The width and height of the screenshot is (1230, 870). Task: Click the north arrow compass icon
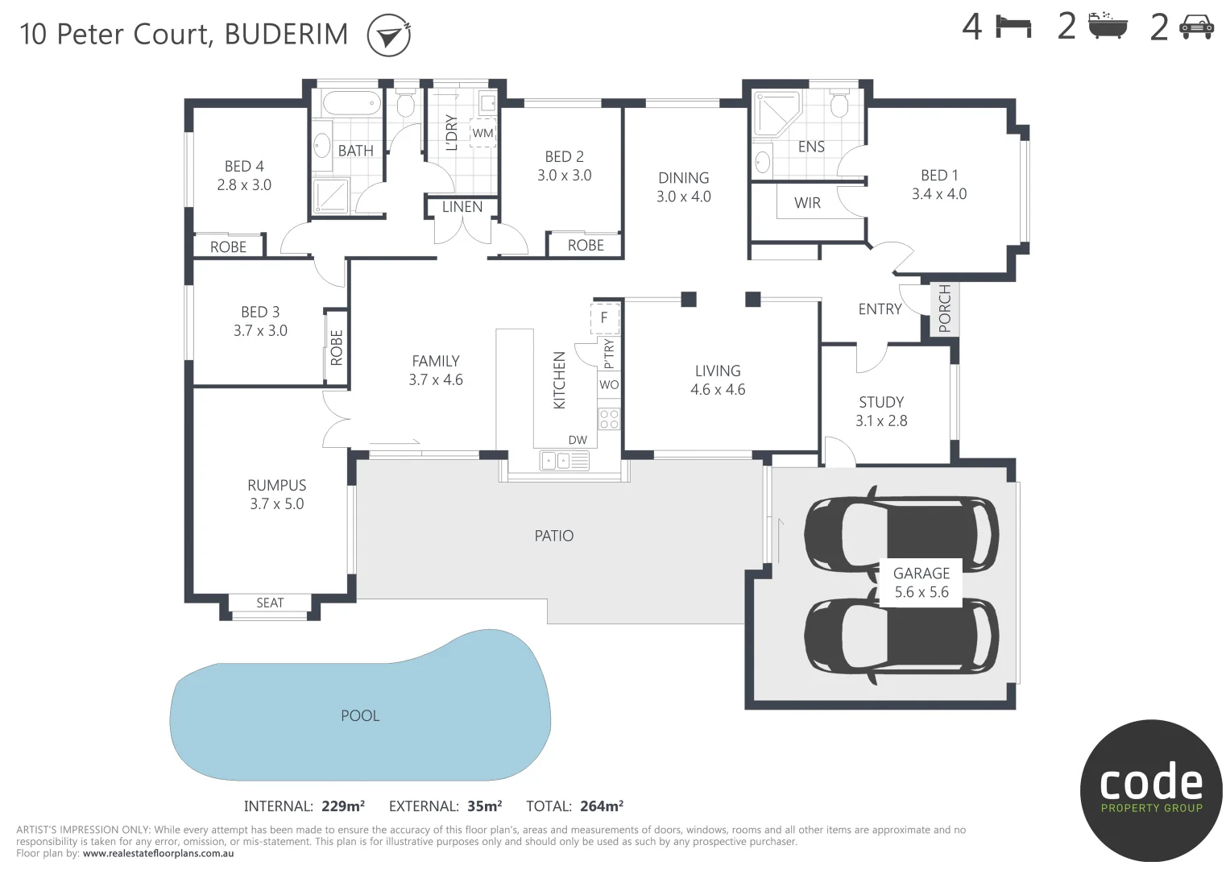point(389,36)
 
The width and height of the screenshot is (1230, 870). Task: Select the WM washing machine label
point(482,132)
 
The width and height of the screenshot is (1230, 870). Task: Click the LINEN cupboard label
point(462,207)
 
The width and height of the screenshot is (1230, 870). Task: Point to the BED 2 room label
point(564,157)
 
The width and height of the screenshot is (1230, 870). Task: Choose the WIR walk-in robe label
point(807,203)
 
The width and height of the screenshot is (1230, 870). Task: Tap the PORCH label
point(944,309)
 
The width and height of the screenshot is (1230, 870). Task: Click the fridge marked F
point(604,317)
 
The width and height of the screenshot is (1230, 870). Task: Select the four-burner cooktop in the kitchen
point(609,419)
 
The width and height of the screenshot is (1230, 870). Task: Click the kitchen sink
point(565,461)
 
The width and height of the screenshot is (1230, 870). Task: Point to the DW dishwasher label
point(578,440)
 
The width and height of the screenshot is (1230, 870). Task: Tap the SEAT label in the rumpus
point(270,603)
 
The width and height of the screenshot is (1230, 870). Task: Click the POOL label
point(360,715)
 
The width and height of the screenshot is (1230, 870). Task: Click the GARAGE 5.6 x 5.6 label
point(921,582)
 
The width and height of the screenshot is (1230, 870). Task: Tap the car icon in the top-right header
point(1196,28)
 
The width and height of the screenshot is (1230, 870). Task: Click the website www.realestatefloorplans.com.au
point(158,853)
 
